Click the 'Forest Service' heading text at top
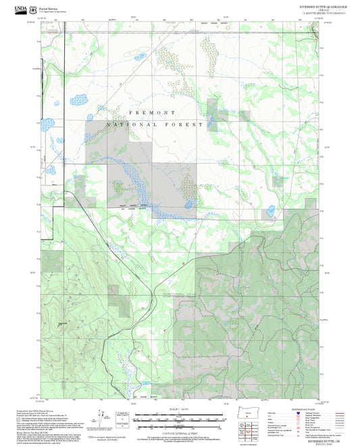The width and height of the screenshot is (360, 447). tap(51, 7)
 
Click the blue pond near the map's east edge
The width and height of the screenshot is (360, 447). tap(270, 210)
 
